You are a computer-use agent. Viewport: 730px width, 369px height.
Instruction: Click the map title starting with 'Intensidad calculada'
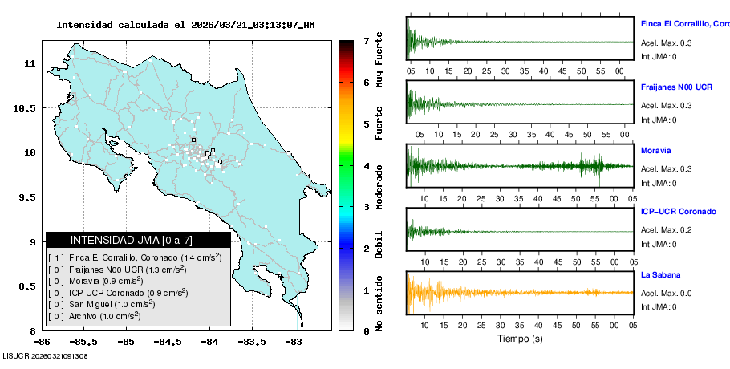pos(185,25)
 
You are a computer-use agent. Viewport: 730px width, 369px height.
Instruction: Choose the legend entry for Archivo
pos(104,316)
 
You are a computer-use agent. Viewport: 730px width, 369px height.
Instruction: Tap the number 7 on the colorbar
pos(366,40)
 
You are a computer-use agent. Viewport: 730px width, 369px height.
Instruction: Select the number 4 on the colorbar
pos(366,165)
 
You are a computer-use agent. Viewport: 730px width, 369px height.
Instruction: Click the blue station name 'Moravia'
pos(656,150)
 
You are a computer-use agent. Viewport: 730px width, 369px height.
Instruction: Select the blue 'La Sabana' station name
pos(661,275)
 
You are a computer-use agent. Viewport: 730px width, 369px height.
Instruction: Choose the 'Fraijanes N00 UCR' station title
pos(677,86)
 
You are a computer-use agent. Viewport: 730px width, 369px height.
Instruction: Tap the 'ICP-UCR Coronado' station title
pos(679,212)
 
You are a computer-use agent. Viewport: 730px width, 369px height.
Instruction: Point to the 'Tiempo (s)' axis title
pos(521,339)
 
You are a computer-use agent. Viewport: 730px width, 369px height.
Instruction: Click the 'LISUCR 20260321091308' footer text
pos(46,355)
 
